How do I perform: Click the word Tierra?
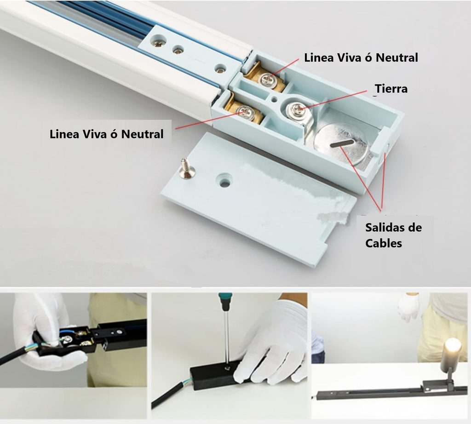coord(391,89)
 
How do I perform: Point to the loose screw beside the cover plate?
coord(186,169)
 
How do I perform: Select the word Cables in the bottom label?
coord(384,243)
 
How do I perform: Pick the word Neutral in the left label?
coord(143,134)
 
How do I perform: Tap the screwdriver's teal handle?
coord(224,302)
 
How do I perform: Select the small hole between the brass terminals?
coord(274,98)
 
